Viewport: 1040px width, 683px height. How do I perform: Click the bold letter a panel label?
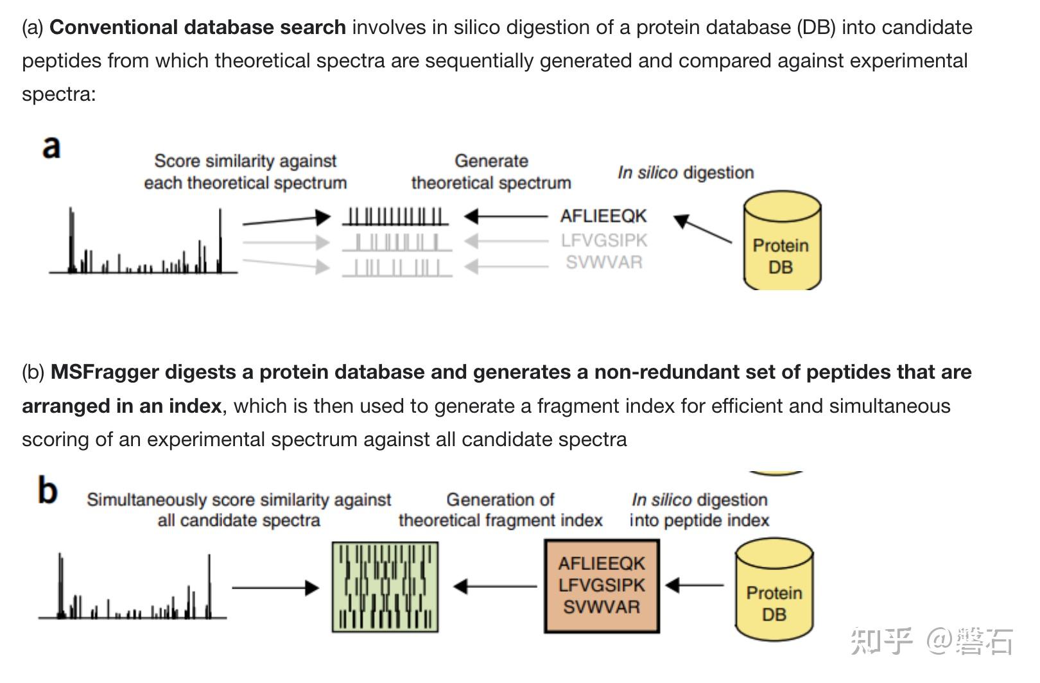click(x=51, y=146)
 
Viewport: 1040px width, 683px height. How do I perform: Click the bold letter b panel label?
click(x=48, y=491)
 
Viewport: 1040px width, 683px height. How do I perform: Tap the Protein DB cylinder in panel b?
click(x=774, y=591)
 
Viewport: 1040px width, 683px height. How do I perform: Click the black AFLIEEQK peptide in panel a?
click(x=603, y=216)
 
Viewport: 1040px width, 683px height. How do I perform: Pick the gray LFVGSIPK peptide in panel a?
click(x=603, y=240)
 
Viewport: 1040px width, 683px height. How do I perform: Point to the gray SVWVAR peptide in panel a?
click(x=603, y=262)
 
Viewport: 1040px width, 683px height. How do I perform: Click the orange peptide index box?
click(x=602, y=585)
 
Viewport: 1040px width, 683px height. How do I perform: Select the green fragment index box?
click(x=385, y=587)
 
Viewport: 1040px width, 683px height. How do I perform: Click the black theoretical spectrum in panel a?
click(x=395, y=216)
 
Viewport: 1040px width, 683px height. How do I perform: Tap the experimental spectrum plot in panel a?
click(x=144, y=244)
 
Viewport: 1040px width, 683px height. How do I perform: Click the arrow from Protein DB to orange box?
click(x=695, y=585)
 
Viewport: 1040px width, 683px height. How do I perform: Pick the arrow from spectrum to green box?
click(x=275, y=587)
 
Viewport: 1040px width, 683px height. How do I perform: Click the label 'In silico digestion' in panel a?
click(x=685, y=173)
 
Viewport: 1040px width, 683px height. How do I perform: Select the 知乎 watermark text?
click(x=881, y=641)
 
